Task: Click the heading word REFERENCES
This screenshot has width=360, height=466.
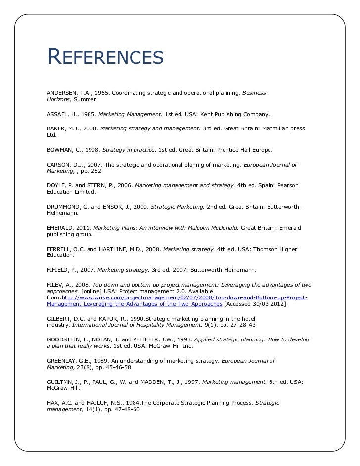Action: [105, 58]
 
